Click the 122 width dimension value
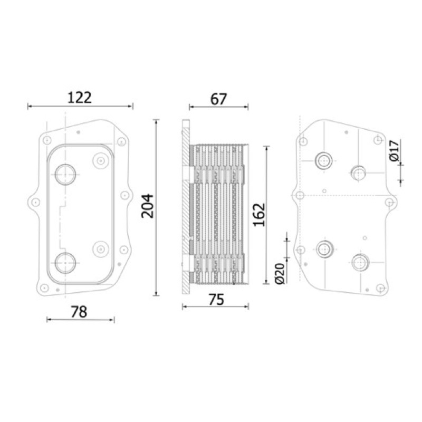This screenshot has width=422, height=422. point(80,98)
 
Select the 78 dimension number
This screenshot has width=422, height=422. point(79,312)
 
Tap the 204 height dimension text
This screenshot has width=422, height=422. point(148,206)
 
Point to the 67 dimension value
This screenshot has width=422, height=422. point(218,99)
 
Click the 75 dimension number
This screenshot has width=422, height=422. point(216,300)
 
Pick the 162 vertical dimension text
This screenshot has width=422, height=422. point(259,215)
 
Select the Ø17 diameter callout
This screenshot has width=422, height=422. point(394,150)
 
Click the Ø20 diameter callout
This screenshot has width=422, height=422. point(280,274)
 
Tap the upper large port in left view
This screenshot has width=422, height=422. point(65,175)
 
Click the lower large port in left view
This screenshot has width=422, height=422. point(65,263)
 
